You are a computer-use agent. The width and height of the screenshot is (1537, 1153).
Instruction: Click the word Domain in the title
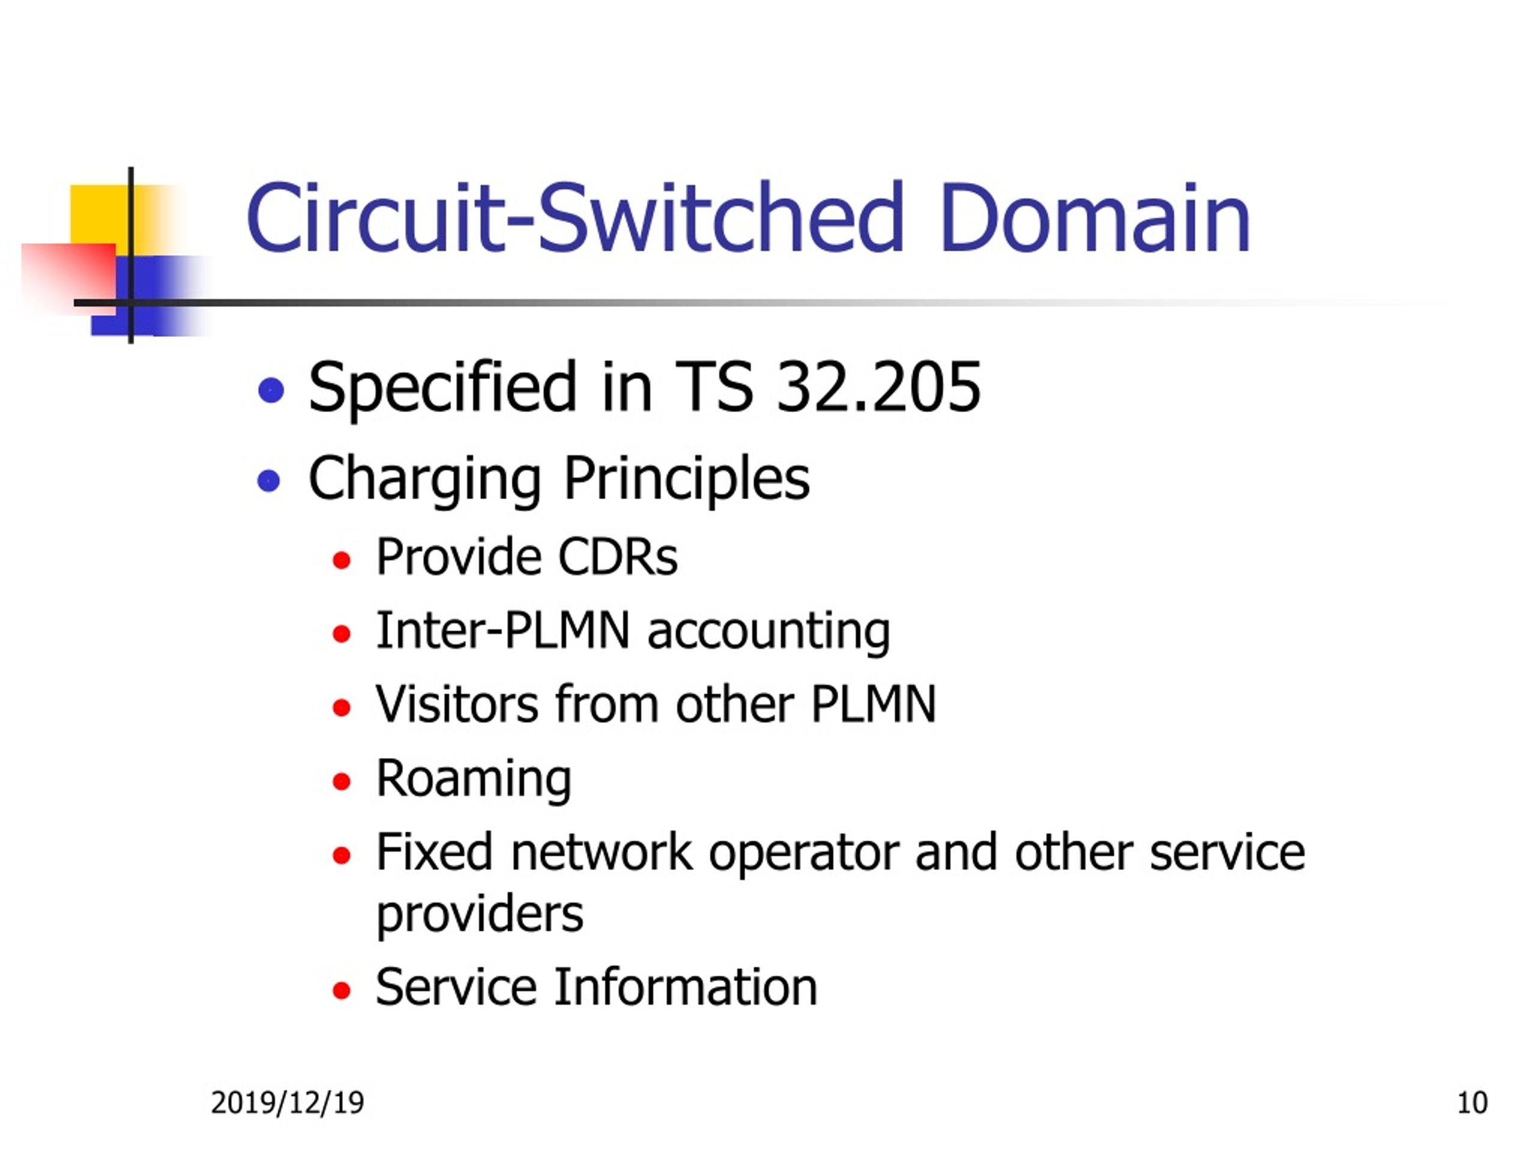pyautogui.click(x=1095, y=217)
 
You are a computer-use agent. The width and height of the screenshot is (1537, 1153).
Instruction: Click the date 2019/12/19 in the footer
pyautogui.click(x=287, y=1103)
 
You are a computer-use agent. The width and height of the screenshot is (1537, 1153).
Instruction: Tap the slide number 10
pyautogui.click(x=1472, y=1103)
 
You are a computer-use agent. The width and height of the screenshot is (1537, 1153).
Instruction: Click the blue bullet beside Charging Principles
pyautogui.click(x=268, y=480)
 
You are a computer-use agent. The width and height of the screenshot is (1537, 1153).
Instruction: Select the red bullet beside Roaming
pyautogui.click(x=341, y=782)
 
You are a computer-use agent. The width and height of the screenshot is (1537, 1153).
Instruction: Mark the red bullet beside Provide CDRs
pyautogui.click(x=341, y=560)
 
